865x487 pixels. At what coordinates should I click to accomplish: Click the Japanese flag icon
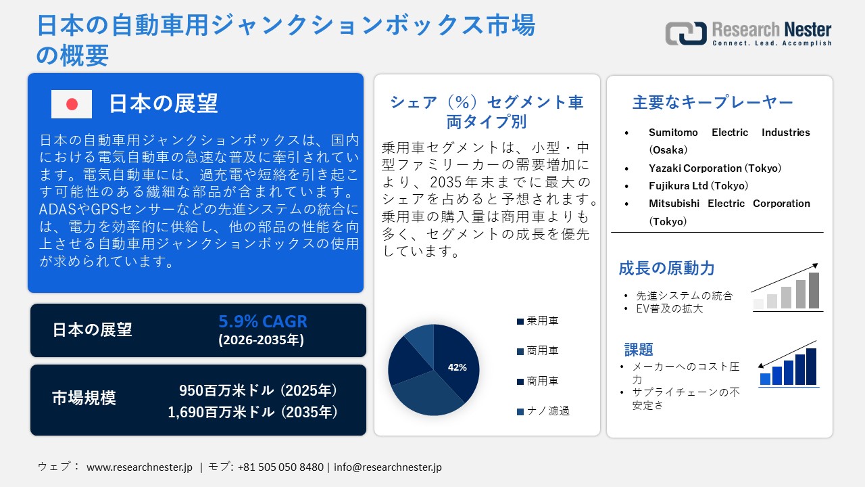(72, 104)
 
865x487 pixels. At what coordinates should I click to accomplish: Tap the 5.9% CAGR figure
(262, 321)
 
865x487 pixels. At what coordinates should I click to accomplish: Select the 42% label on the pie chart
(458, 367)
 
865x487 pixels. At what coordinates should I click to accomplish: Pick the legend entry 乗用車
(543, 321)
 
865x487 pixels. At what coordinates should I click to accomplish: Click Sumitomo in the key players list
(673, 133)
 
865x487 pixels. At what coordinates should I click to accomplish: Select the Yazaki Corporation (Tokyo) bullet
(714, 168)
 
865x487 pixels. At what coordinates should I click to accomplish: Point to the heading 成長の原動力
(666, 269)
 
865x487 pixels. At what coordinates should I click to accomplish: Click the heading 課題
(639, 350)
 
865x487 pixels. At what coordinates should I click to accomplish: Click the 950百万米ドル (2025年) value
(258, 390)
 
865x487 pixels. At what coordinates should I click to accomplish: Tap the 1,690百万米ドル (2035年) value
(253, 412)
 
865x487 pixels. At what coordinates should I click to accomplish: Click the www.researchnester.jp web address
(140, 467)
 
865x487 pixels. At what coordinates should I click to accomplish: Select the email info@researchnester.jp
(388, 467)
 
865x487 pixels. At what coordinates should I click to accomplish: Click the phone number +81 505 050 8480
(280, 467)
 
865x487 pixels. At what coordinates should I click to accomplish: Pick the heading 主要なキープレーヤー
(712, 103)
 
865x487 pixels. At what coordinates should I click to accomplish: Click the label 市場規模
(84, 398)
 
